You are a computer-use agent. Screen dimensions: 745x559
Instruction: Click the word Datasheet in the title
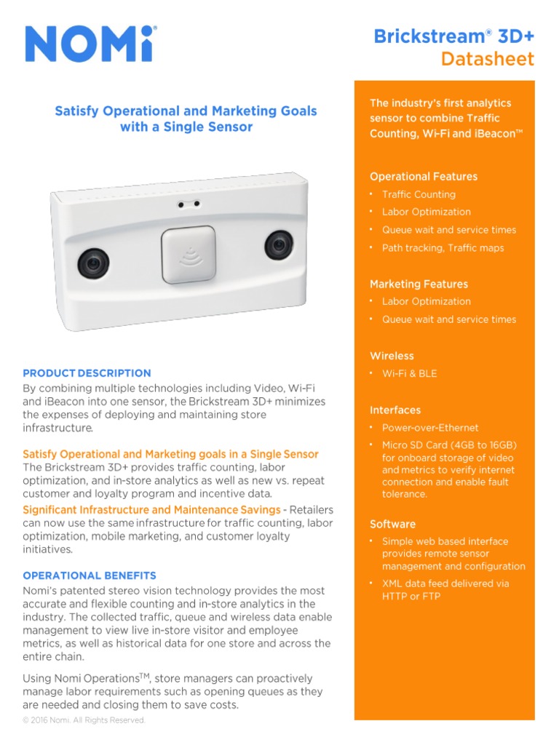tap(487, 59)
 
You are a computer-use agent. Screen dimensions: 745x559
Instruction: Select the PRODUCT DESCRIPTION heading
tap(87, 373)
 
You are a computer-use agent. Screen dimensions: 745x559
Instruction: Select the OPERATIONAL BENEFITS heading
tap(90, 575)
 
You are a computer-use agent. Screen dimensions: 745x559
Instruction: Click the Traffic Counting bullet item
tap(419, 194)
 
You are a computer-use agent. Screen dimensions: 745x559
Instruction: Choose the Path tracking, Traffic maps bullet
tap(443, 248)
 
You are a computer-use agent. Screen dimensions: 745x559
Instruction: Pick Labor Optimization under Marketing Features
tap(426, 301)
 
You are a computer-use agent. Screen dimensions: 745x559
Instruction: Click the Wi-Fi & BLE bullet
tap(409, 373)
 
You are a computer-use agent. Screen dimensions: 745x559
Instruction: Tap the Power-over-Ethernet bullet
tap(430, 428)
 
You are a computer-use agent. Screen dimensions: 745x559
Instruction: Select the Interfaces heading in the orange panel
tap(395, 410)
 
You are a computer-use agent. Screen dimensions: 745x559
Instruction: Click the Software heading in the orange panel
tap(392, 524)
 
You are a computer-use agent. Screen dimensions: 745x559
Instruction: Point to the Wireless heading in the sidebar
tap(392, 356)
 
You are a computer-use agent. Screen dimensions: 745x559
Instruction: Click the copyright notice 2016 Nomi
tap(84, 720)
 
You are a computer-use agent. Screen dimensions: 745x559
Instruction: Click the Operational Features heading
tap(424, 177)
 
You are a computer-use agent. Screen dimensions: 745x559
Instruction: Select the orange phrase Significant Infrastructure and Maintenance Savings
tap(151, 510)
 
